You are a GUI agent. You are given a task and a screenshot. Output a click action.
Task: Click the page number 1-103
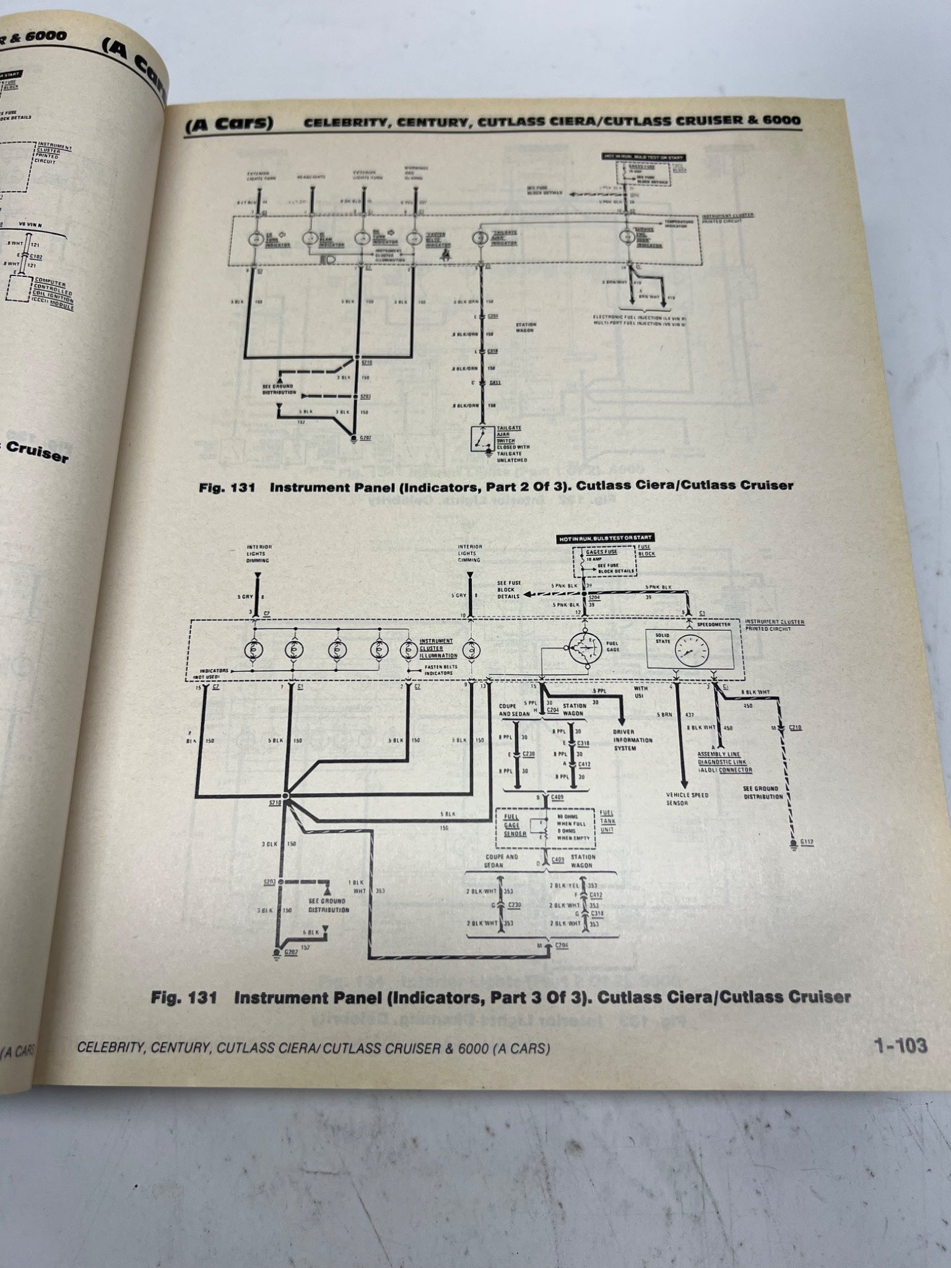pos(900,1046)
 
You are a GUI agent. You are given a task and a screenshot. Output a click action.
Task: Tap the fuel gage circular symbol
pos(584,649)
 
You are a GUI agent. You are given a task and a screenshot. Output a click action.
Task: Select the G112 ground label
pos(806,843)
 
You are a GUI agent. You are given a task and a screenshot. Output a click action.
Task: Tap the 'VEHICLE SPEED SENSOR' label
pos(687,799)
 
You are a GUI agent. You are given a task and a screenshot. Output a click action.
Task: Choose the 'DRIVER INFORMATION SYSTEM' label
pos(632,740)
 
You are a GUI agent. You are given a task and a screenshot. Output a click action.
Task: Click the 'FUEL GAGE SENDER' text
pos(515,825)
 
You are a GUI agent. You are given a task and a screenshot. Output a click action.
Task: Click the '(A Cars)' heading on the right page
pos(229,124)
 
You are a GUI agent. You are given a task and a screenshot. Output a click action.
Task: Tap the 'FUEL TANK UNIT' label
pos(607,821)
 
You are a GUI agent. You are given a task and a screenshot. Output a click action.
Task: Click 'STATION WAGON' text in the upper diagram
pos(525,328)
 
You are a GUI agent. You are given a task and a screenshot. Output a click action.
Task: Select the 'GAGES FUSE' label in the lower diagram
pos(601,551)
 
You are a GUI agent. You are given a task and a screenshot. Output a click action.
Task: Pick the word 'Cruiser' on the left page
pos(37,452)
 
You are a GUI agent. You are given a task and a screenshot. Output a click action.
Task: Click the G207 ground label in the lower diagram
pos(290,952)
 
